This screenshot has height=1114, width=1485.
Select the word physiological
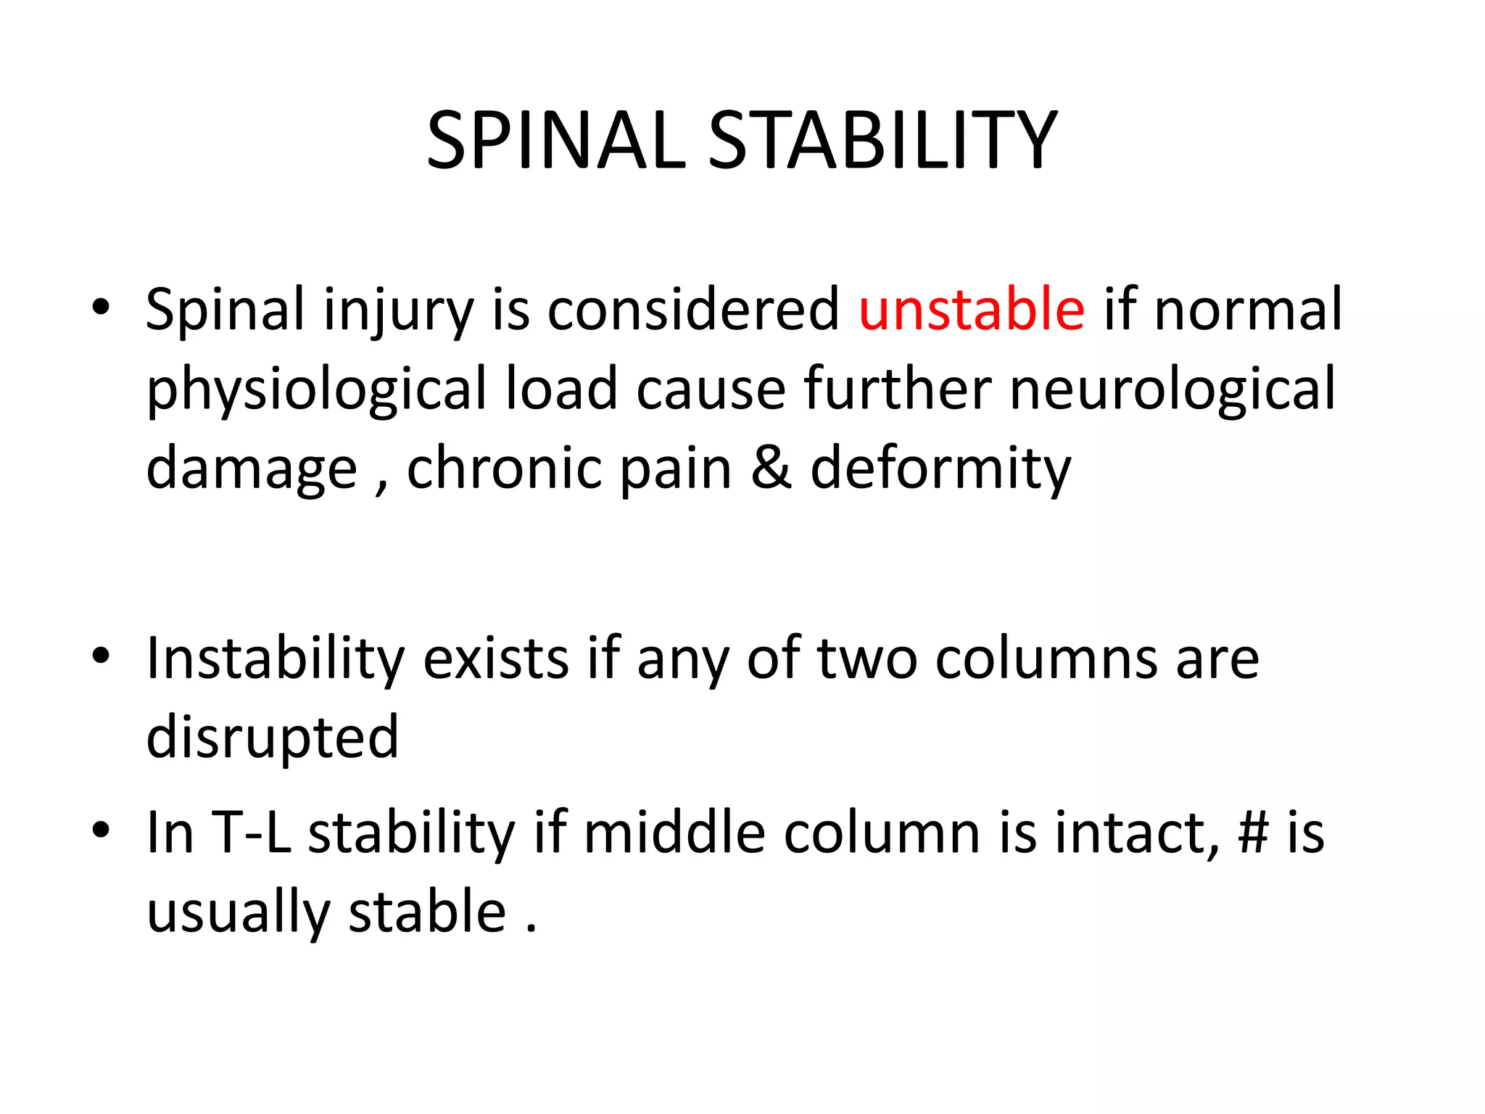(x=317, y=390)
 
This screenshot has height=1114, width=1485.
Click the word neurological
(x=1172, y=390)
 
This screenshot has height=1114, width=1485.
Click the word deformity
(x=940, y=470)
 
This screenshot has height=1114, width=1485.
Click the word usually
(x=238, y=912)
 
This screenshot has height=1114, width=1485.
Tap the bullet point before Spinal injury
(x=101, y=308)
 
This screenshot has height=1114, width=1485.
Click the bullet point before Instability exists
(x=101, y=656)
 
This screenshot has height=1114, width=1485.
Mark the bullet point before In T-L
(x=101, y=830)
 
